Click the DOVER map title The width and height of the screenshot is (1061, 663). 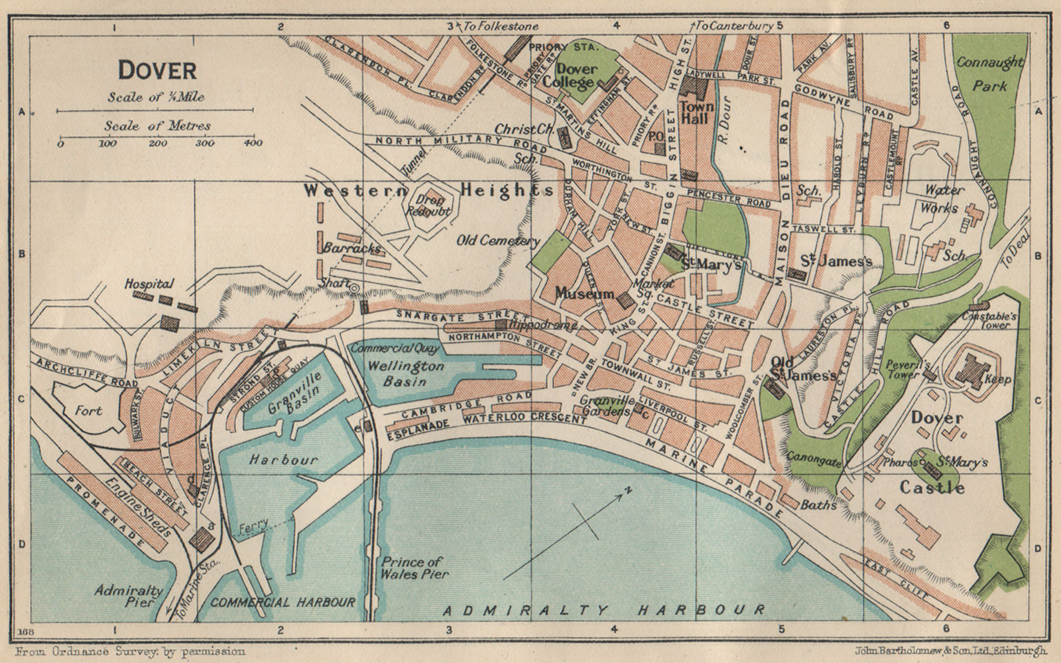156,70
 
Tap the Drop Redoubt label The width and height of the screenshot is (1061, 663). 434,206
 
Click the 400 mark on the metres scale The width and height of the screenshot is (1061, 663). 253,143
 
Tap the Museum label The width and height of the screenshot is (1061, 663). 586,293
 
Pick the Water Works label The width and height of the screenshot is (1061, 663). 945,198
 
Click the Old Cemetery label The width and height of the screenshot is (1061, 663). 495,241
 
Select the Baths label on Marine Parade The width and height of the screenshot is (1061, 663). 818,504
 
